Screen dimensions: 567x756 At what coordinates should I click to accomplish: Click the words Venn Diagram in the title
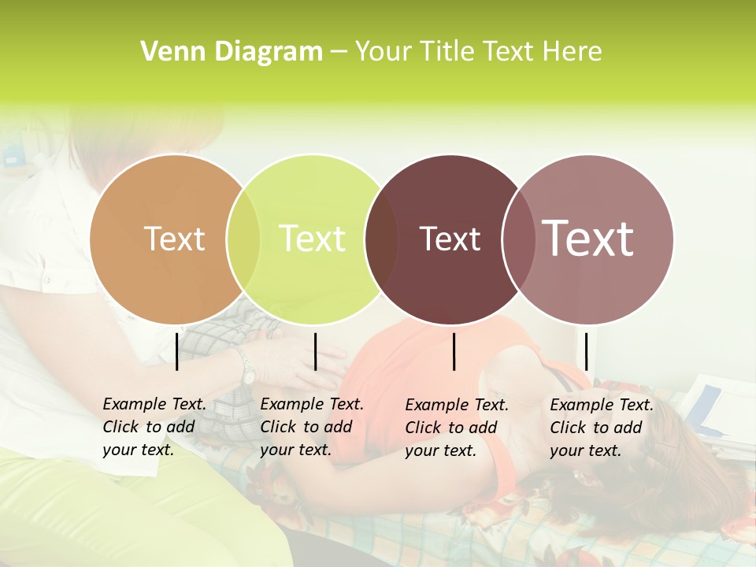pos(232,52)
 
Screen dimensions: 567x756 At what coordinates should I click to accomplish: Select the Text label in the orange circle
pos(175,239)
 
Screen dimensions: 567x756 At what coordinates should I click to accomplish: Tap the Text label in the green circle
pos(312,239)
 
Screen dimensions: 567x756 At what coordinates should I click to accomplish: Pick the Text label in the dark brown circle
pos(450,239)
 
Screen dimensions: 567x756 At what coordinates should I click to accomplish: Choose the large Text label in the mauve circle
pos(588,238)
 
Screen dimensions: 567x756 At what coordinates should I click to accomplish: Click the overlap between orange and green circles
pos(243,239)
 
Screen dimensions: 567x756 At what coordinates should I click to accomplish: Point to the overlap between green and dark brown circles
pos(381,239)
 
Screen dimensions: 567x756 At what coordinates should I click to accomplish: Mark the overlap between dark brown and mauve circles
pos(517,239)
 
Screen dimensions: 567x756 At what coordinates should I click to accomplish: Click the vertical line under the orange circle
pos(176,351)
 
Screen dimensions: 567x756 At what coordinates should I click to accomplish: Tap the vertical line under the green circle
pos(315,351)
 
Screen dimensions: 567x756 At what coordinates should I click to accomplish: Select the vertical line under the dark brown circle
pos(454,351)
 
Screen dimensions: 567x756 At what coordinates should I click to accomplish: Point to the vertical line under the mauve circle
pos(587,351)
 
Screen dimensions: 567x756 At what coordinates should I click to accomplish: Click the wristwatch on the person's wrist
pos(247,368)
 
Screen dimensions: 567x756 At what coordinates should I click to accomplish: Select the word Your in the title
pos(384,52)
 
